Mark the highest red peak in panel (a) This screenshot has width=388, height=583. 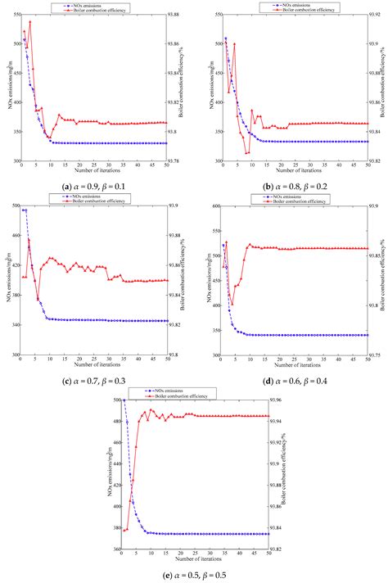(30, 22)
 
